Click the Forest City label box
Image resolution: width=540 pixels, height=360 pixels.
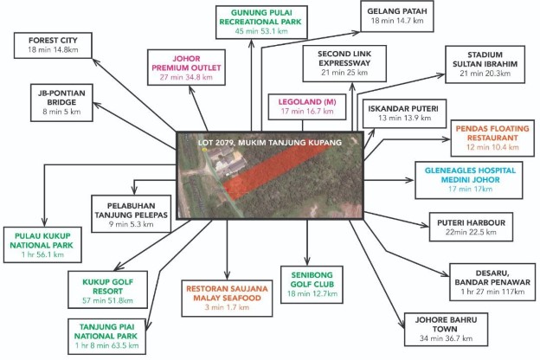53,46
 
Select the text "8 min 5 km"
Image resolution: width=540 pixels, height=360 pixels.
61,112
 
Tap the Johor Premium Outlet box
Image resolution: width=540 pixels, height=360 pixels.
186,67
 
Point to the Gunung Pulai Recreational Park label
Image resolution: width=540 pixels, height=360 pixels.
261,22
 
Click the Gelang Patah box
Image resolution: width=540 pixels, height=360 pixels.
396,16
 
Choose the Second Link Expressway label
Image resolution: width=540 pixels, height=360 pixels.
344,63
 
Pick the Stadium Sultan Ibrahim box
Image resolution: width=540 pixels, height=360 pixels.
485,64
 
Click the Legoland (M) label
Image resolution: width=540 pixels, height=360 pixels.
307,106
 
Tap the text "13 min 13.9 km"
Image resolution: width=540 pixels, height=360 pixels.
404,118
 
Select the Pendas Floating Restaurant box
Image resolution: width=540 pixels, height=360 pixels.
492,138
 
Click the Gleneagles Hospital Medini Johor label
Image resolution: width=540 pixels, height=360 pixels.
469,180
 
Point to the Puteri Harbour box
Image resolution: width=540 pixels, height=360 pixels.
471,227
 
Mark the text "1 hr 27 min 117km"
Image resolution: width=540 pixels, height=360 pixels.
492,292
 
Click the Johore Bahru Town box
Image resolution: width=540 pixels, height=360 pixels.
446,330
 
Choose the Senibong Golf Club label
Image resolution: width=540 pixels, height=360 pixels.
312,285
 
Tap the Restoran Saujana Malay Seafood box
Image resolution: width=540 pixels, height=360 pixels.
227,298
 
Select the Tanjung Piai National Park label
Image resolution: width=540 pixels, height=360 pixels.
106,337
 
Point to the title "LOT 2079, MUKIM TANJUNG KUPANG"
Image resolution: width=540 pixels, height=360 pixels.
270,143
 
